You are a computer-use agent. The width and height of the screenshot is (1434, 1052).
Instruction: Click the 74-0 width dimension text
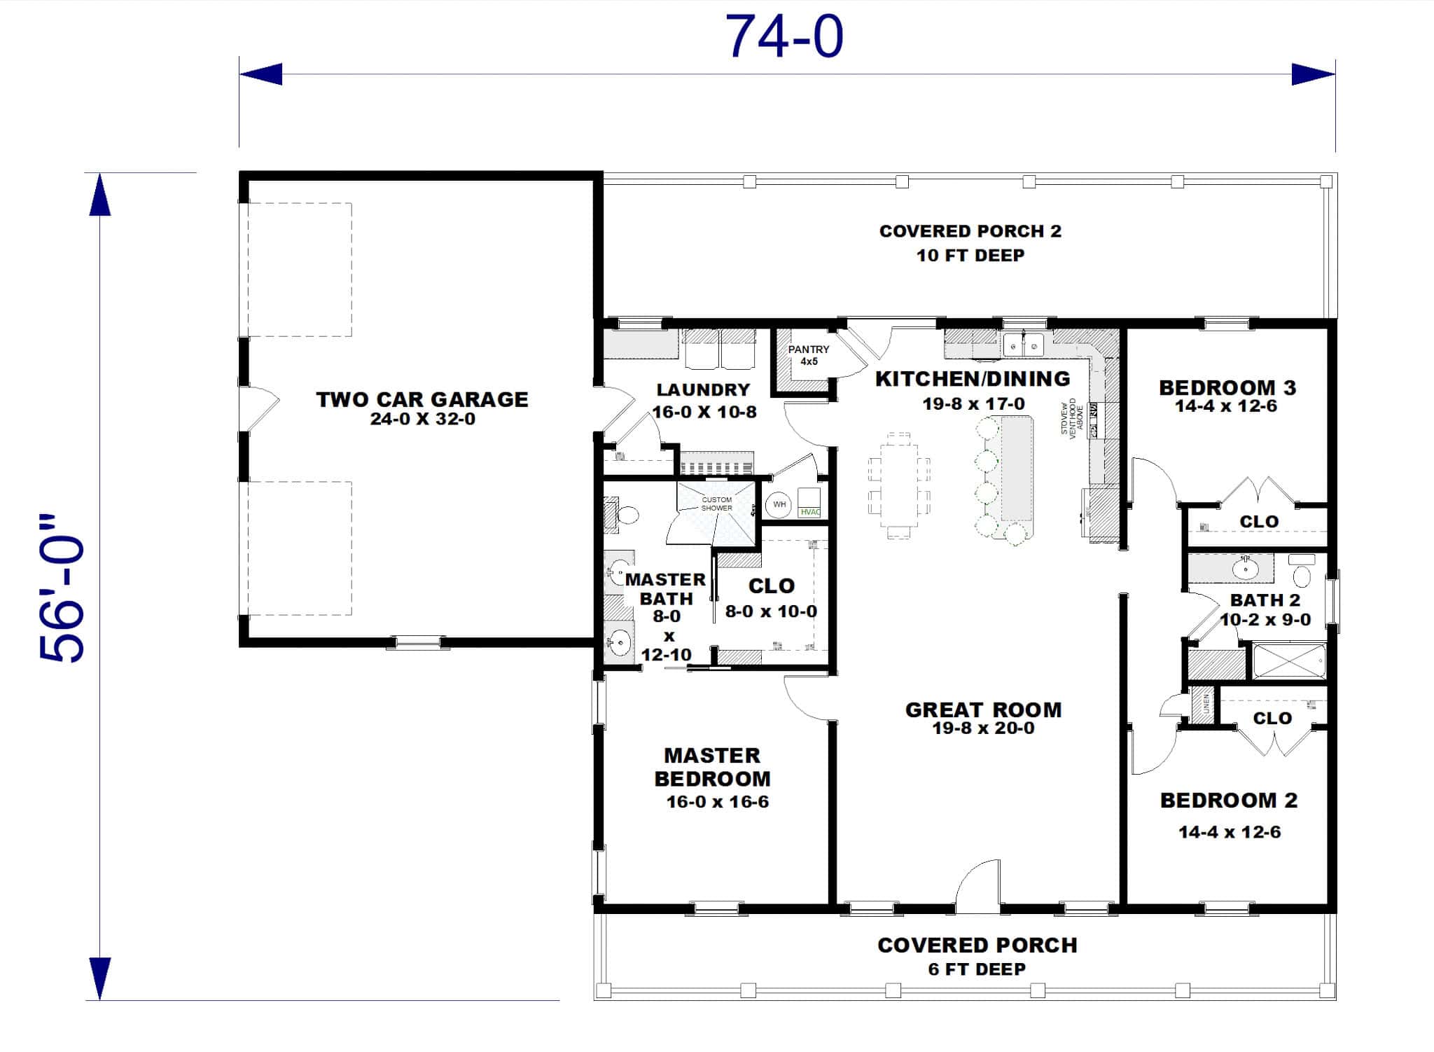tap(784, 36)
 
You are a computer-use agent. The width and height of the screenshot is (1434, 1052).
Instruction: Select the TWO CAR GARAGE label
tap(422, 399)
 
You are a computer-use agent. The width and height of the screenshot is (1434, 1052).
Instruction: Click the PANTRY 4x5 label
tap(809, 355)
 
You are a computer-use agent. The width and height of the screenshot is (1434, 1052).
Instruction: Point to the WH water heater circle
tap(779, 504)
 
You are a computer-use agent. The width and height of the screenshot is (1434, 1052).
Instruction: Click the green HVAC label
tap(809, 512)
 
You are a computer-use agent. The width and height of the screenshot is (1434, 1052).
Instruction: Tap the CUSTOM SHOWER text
tap(716, 504)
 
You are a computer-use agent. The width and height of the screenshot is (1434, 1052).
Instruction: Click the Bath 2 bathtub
tap(1288, 661)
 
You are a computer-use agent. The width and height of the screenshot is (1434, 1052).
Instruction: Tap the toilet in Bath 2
tap(1302, 574)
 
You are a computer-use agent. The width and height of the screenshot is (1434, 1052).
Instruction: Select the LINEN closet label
tap(1206, 704)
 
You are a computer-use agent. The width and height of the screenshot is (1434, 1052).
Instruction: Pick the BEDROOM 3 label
tap(1227, 387)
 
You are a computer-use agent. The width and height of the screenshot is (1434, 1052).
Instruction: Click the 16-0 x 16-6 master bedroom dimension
tap(717, 802)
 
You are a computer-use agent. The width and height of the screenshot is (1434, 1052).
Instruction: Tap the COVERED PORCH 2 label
tap(970, 231)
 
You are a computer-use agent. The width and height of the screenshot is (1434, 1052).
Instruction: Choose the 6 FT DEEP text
tap(977, 969)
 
